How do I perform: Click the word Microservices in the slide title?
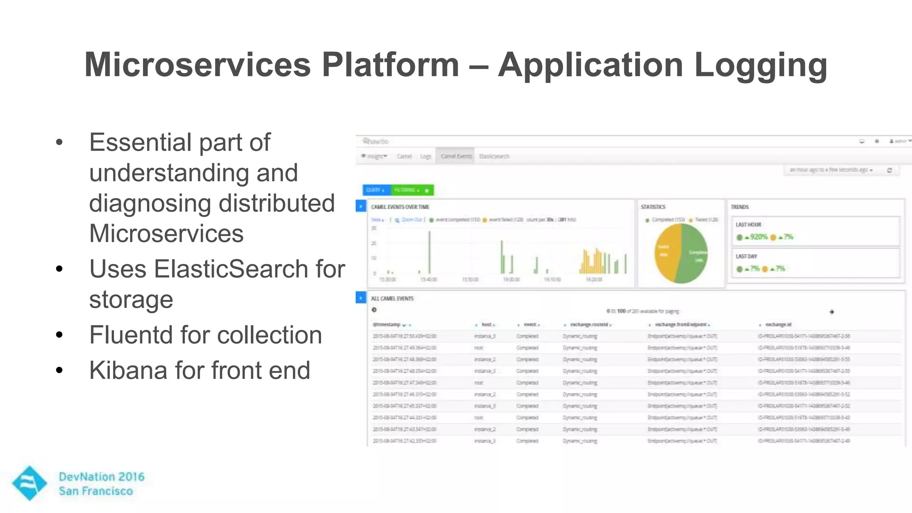[x=197, y=65]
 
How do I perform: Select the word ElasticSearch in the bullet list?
[x=231, y=269]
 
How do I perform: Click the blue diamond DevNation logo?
[x=29, y=483]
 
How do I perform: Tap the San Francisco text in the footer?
[x=96, y=491]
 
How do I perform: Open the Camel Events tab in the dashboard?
[x=456, y=156]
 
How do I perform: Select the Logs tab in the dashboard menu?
[x=426, y=156]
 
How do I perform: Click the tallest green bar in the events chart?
[x=429, y=252]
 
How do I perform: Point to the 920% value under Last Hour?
[x=758, y=237]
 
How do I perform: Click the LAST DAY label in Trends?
[x=746, y=256]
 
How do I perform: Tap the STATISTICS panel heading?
[x=653, y=207]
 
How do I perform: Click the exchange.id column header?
[x=778, y=325]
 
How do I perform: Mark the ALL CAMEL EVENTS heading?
[x=392, y=299]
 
